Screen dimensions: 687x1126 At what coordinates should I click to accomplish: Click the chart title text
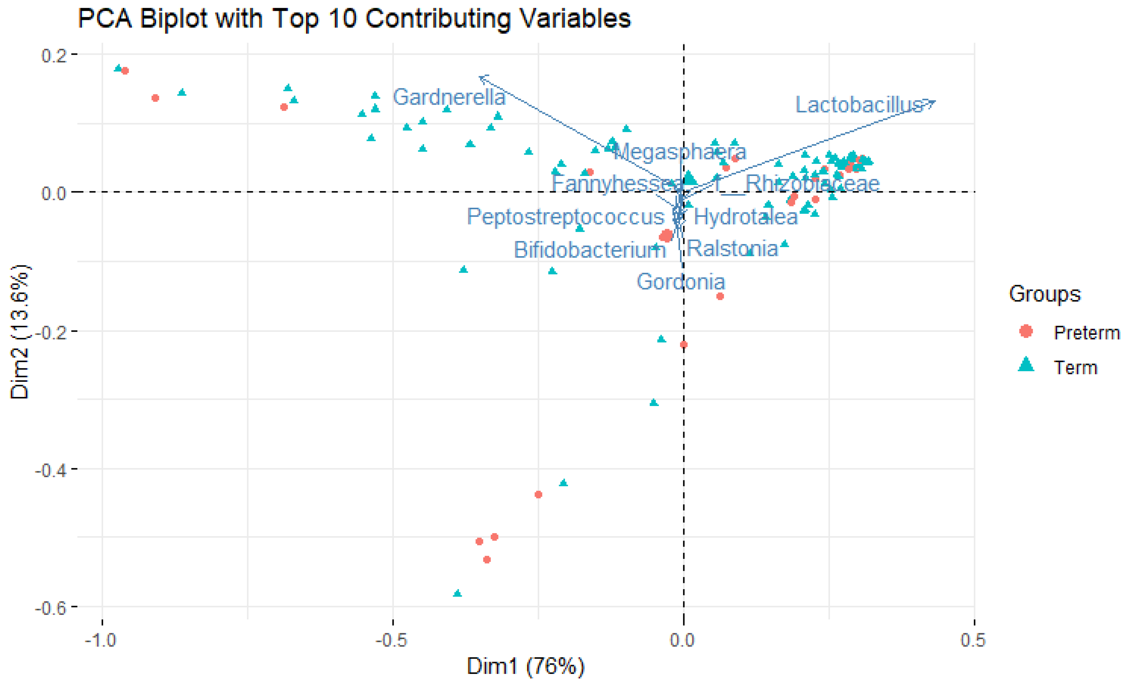point(354,19)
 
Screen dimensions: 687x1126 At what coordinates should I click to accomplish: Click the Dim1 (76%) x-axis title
point(525,666)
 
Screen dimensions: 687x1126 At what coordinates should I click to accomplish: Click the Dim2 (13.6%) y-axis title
point(19,331)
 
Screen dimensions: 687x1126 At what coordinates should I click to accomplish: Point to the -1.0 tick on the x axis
point(101,640)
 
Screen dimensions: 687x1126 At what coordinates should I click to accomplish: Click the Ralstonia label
point(732,248)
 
